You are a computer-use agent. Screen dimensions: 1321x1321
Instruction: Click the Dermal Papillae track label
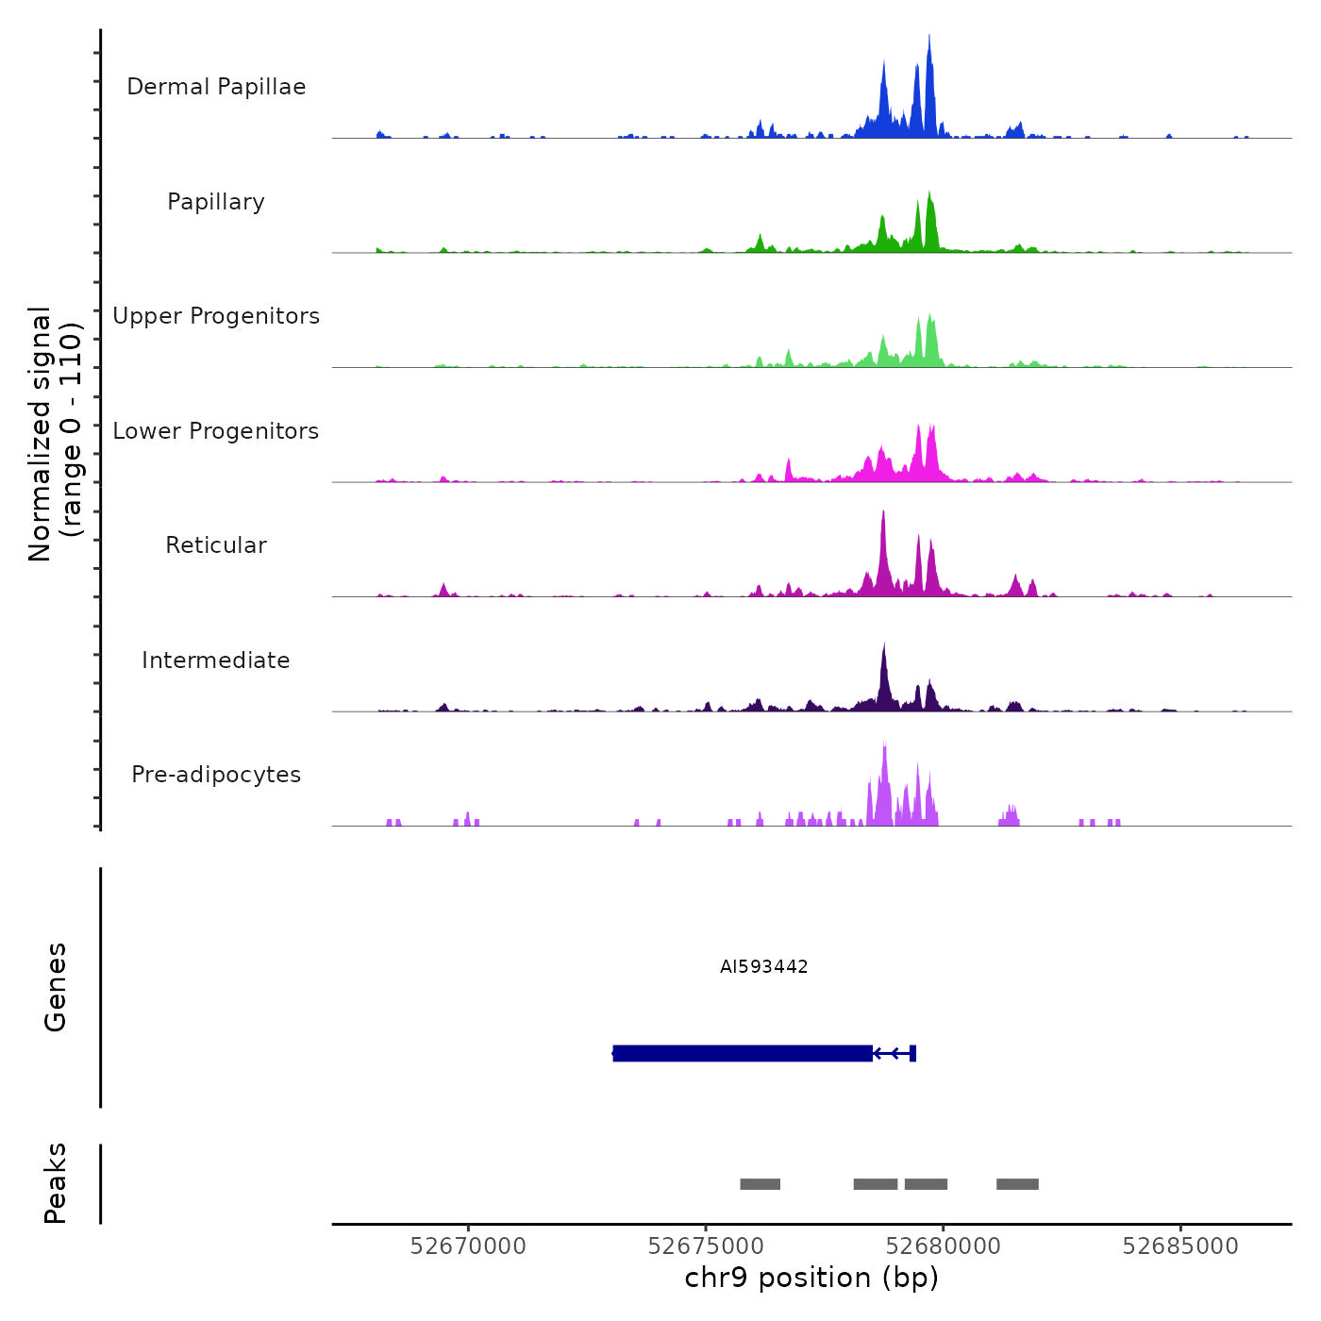coord(216,87)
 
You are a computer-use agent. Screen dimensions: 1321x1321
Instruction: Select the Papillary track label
coord(216,202)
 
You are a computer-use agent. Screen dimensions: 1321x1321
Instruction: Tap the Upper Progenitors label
coord(216,316)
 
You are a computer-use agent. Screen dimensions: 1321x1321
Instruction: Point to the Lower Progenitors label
coord(216,431)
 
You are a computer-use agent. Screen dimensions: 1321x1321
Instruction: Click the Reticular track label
coord(216,545)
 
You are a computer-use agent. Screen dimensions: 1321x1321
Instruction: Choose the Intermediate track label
coord(216,660)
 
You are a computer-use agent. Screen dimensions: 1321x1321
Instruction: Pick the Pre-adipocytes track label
coord(216,775)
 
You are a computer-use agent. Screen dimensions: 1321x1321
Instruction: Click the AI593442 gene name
coord(763,966)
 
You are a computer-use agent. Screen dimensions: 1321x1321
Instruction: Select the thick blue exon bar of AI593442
coord(743,1053)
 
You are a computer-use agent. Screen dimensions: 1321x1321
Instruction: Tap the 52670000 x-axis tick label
coord(468,1246)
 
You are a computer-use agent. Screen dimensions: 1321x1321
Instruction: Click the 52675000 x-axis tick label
coord(706,1246)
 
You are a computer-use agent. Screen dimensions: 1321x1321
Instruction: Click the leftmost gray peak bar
coord(760,1184)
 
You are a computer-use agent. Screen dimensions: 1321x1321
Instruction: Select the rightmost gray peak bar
coord(1017,1184)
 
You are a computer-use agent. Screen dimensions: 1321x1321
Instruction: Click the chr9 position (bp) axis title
coord(811,1279)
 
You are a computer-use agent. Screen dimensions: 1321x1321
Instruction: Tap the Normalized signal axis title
coord(55,434)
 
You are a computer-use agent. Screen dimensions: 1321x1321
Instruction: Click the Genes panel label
coord(56,987)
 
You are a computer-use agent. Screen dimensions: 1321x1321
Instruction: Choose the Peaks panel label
coord(56,1183)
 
